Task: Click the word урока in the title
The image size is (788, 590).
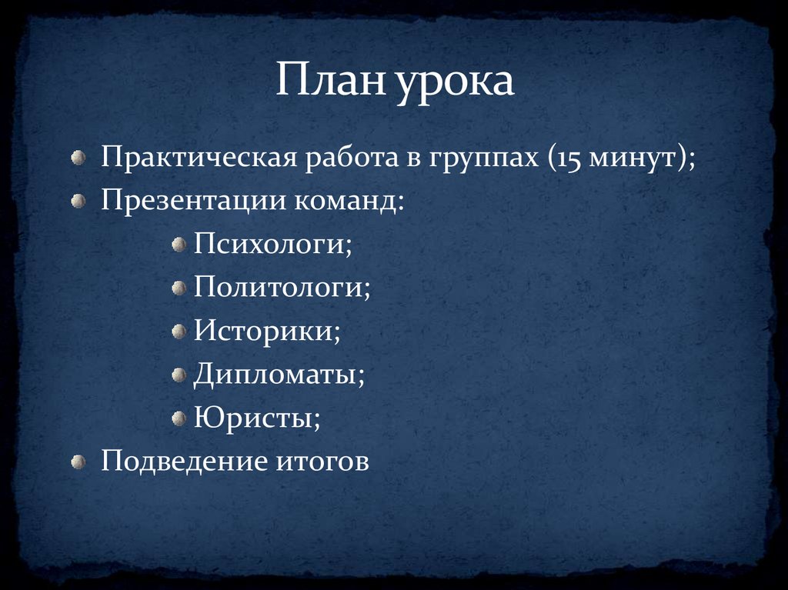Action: (x=456, y=83)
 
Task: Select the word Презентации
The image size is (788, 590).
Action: (x=192, y=202)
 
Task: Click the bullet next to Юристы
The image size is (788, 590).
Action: (x=179, y=418)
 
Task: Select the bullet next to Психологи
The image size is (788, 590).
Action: (x=179, y=245)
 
